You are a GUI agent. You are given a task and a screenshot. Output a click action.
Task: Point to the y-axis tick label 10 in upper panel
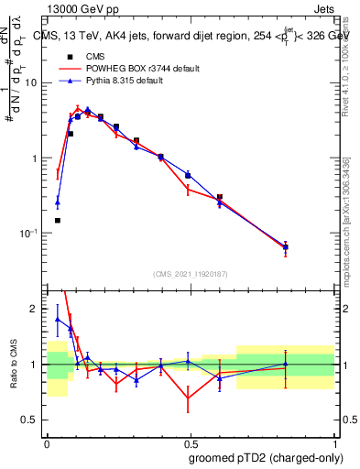point(32,82)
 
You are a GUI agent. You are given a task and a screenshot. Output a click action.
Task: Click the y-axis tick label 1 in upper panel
point(36,158)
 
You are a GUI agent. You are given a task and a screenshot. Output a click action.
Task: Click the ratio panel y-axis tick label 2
point(36,309)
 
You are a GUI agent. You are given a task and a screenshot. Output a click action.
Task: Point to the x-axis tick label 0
point(47,442)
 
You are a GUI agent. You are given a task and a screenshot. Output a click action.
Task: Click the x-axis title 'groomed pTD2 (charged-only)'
point(266,457)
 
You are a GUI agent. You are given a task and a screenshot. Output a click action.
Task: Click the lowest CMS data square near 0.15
point(58,221)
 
